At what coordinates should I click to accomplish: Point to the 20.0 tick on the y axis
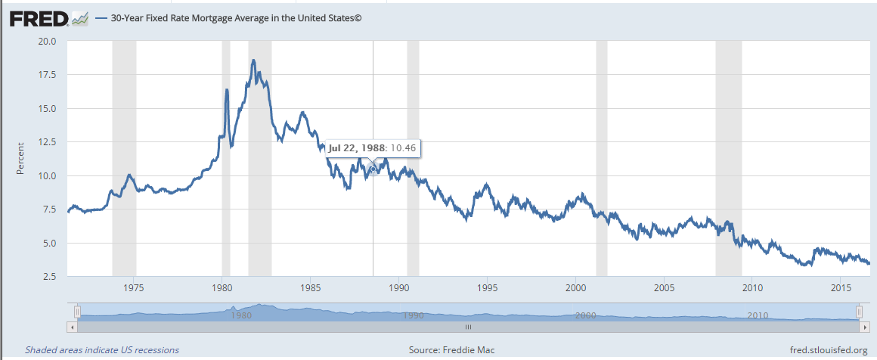point(47,41)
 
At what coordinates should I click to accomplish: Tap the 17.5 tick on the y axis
point(47,75)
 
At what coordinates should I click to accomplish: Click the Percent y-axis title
point(20,159)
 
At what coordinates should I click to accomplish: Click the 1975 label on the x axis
point(134,288)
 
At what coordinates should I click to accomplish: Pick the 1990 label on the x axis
point(398,288)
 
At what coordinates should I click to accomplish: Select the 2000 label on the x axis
point(575,288)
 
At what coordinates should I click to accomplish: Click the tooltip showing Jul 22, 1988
point(373,147)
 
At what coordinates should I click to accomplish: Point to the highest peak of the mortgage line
point(253,61)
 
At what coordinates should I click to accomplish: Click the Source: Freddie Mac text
point(451,350)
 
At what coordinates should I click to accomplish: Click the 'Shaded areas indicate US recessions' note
point(102,350)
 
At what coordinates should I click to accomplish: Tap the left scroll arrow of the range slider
point(73,327)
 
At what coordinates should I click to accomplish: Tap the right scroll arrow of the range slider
point(863,327)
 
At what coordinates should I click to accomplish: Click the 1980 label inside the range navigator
point(240,315)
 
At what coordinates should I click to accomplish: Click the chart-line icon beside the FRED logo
point(79,17)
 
